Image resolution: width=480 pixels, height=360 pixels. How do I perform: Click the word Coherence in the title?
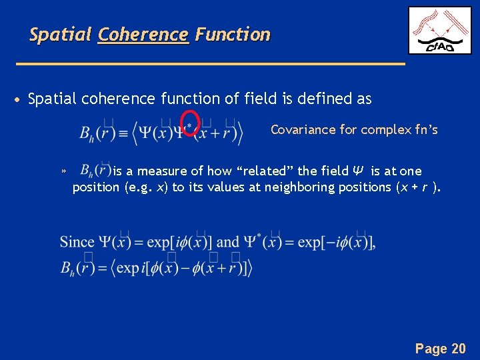coord(143,35)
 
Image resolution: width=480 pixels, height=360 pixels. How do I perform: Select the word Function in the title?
coord(233,35)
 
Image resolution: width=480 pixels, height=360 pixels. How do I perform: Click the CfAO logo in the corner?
coord(439,31)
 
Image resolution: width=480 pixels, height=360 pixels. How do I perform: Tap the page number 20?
coord(459,348)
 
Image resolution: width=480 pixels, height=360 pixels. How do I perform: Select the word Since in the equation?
coord(77,242)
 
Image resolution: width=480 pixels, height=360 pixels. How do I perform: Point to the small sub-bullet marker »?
coord(63,172)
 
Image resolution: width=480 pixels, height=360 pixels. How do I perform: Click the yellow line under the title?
coord(210,63)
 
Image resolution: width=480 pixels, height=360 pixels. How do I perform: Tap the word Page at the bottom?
coord(431,348)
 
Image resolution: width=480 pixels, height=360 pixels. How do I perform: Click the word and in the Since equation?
coord(228,242)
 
